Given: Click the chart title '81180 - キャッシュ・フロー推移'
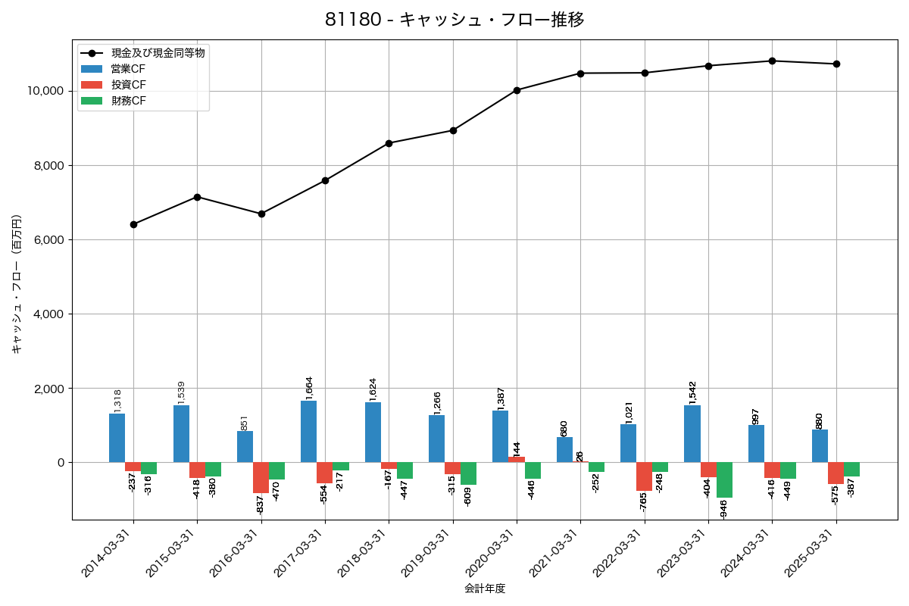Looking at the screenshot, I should pyautogui.click(x=454, y=20).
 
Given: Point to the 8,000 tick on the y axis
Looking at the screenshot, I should pyautogui.click(x=45, y=165).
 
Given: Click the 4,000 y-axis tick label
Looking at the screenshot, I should pyautogui.click(x=45, y=314).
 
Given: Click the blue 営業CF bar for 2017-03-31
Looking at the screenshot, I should pyautogui.click(x=308, y=432).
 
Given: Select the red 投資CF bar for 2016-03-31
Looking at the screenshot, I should pyautogui.click(x=261, y=477).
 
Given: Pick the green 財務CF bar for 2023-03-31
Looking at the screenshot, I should pyautogui.click(x=724, y=479).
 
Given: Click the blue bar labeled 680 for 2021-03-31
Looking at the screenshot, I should pyautogui.click(x=564, y=450).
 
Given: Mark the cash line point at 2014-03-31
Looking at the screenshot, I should pyautogui.click(x=133, y=224).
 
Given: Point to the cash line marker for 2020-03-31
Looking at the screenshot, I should pyautogui.click(x=517, y=90).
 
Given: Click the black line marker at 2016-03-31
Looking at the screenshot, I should pyautogui.click(x=261, y=214).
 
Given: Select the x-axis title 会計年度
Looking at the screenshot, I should pyautogui.click(x=485, y=589).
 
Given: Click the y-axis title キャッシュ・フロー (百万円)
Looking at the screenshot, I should pyautogui.click(x=17, y=284).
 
